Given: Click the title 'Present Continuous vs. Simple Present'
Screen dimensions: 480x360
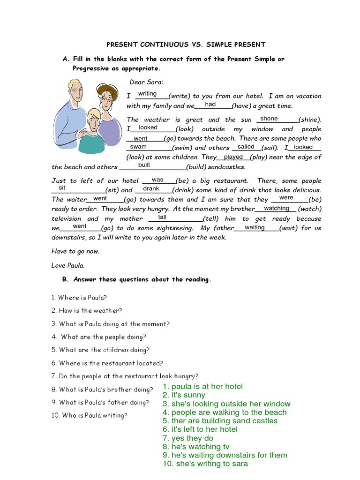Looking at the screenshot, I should [x=186, y=45].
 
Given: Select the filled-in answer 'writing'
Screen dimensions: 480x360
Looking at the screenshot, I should [x=147, y=94].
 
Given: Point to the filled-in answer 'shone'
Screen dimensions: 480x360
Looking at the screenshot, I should [x=269, y=119].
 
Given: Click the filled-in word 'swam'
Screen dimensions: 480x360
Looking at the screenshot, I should [x=138, y=147].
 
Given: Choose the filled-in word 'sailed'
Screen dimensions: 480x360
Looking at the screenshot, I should [x=246, y=147].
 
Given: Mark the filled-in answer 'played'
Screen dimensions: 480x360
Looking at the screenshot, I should [x=233, y=157].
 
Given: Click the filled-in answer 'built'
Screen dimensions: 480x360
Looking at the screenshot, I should [x=144, y=165].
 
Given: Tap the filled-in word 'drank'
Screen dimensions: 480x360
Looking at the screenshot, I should [x=151, y=188].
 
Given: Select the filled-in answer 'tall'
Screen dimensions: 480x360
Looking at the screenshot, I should [x=162, y=217].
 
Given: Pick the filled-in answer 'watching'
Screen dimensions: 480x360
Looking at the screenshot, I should [x=277, y=208].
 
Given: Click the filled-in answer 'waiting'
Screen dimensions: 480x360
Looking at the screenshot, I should [x=255, y=227].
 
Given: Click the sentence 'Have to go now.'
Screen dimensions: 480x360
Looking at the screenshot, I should [x=75, y=251].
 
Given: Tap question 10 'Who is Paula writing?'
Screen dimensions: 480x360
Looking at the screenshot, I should [x=89, y=415].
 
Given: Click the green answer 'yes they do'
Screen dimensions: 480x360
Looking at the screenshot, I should [x=188, y=438].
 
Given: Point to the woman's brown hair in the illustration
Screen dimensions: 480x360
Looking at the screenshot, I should [x=108, y=91].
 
